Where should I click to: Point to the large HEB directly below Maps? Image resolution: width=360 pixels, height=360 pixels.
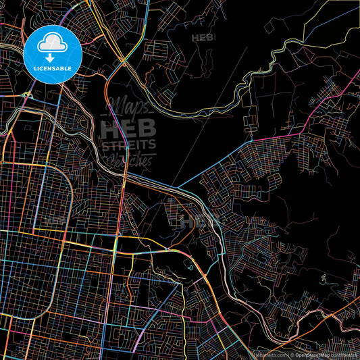pos(128,128)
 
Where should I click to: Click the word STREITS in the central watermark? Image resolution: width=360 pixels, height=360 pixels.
pos(128,144)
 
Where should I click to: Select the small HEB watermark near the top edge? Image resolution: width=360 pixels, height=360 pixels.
pos(202,38)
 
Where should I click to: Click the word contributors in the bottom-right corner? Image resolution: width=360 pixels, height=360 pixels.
pos(345,355)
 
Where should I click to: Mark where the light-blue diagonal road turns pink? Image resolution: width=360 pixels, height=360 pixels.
pos(251,140)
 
